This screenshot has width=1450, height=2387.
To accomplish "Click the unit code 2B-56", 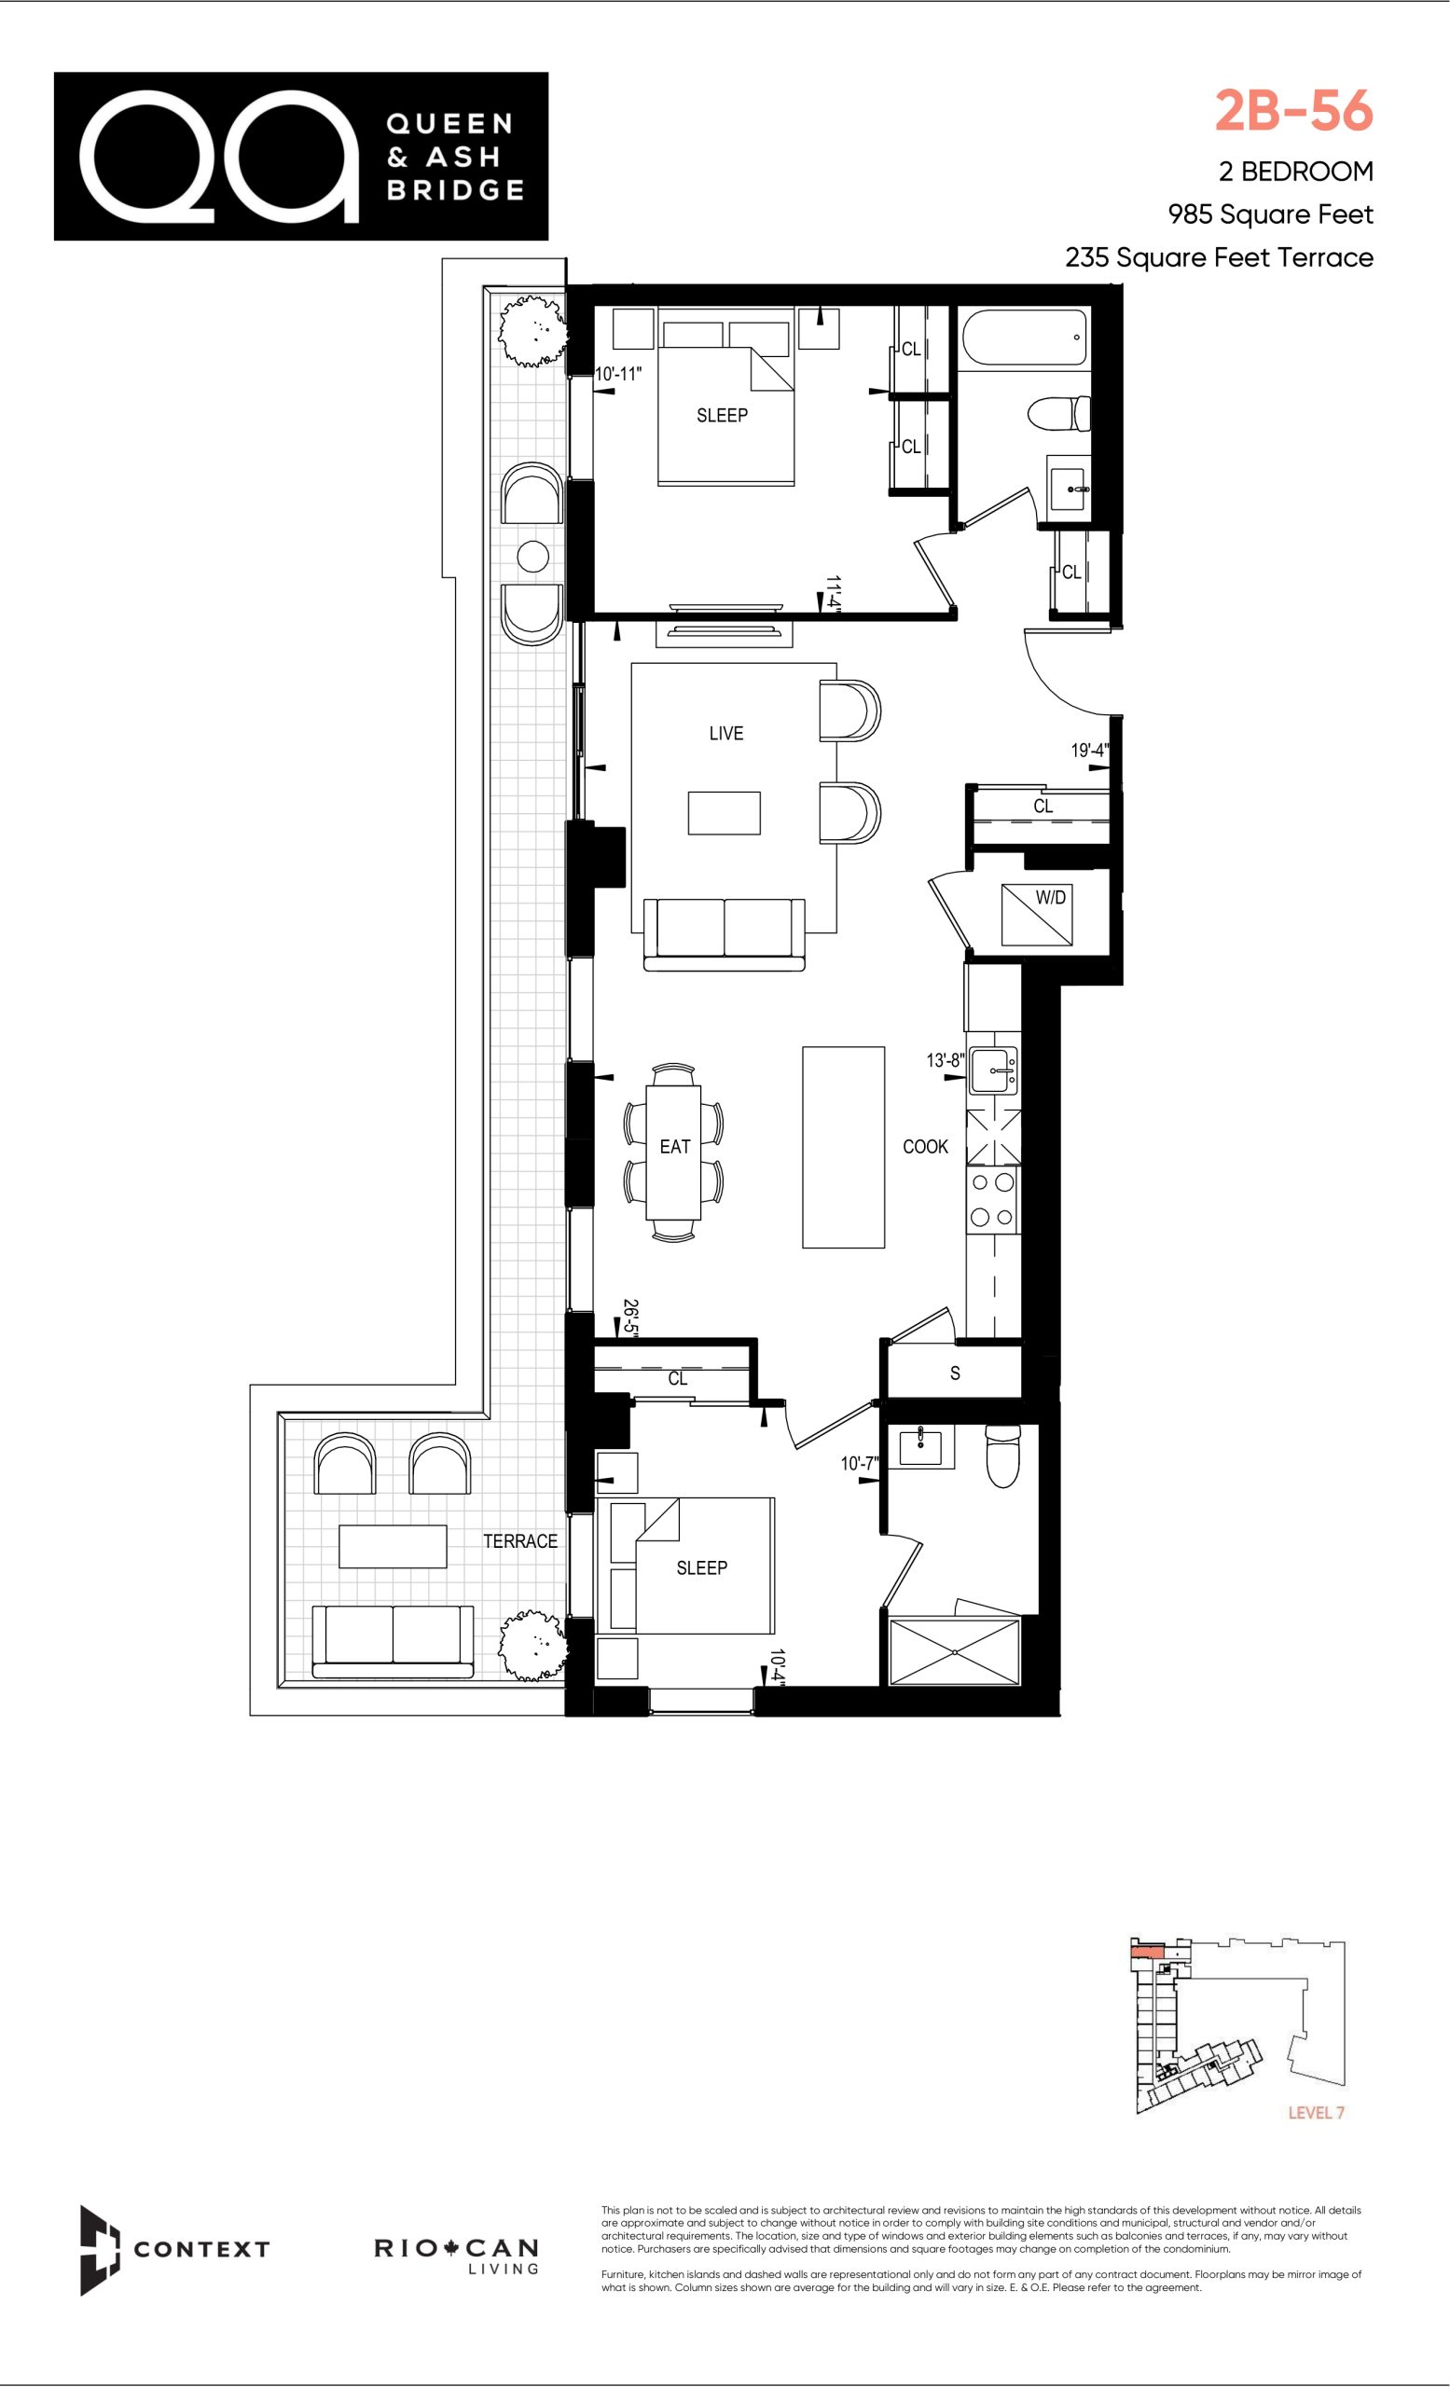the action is (x=1294, y=110).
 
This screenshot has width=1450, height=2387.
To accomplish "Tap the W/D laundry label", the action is (x=1051, y=898).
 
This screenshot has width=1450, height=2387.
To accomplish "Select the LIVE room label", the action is (x=726, y=733).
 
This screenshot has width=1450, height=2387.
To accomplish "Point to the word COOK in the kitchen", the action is (x=925, y=1146).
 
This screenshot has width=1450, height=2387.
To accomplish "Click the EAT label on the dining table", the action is (x=675, y=1147).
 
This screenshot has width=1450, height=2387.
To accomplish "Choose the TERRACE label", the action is (x=520, y=1540).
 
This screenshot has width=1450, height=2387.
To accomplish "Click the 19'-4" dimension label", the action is (x=1090, y=750).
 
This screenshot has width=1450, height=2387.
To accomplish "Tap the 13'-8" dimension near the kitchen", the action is (x=945, y=1060).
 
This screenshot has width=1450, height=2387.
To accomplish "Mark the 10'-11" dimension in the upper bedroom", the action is (x=619, y=373).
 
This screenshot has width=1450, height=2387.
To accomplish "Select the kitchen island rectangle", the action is (x=844, y=1147).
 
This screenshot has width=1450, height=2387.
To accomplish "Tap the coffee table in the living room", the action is (x=725, y=813).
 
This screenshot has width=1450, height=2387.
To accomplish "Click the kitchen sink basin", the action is (x=993, y=1070).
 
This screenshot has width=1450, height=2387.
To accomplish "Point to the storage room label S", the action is (x=955, y=1373).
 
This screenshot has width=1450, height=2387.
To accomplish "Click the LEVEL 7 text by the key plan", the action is (x=1316, y=2113).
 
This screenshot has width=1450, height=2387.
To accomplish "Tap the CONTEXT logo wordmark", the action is (x=201, y=2248).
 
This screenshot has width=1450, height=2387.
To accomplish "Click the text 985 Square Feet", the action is (x=1270, y=214).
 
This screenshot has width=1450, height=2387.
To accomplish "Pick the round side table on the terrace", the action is (x=533, y=556).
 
